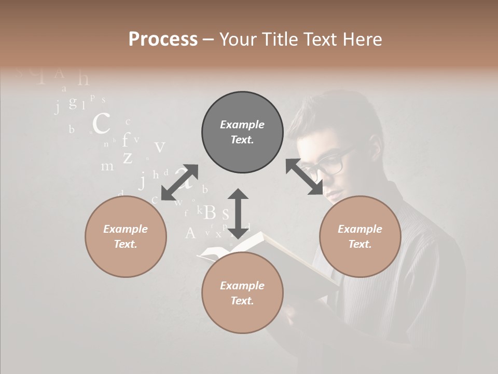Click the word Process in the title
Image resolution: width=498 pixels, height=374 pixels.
163,39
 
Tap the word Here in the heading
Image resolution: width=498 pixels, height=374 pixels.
361,39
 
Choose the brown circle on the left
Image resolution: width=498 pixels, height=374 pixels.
126,236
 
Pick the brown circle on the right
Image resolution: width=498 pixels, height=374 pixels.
360,236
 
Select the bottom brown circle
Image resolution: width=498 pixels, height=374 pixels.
242,293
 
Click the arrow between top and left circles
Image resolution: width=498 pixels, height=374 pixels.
179,182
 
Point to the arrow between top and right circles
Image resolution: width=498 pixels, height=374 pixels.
305,177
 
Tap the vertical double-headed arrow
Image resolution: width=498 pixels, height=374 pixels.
238,213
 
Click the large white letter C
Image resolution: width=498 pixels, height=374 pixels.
101,124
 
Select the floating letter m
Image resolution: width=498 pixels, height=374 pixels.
107,167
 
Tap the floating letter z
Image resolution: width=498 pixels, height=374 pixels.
128,157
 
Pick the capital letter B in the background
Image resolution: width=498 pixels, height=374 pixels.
210,212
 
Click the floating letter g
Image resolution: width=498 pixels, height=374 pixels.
73,102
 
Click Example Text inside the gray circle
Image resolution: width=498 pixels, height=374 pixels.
242,132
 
